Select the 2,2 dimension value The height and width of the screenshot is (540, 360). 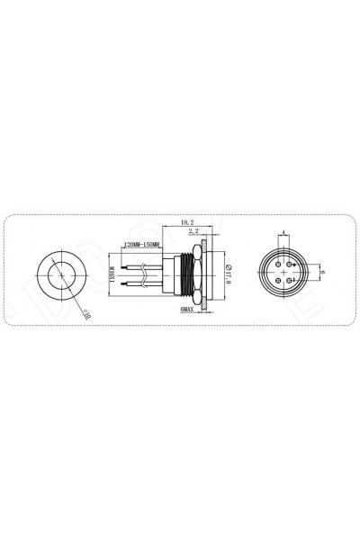tap(193, 232)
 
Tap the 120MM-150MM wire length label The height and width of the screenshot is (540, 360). tap(140, 245)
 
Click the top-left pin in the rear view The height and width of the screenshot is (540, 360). tap(281, 265)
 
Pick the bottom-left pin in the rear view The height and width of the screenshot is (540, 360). tap(281, 280)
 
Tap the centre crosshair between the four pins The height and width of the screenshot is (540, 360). tap(285, 273)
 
